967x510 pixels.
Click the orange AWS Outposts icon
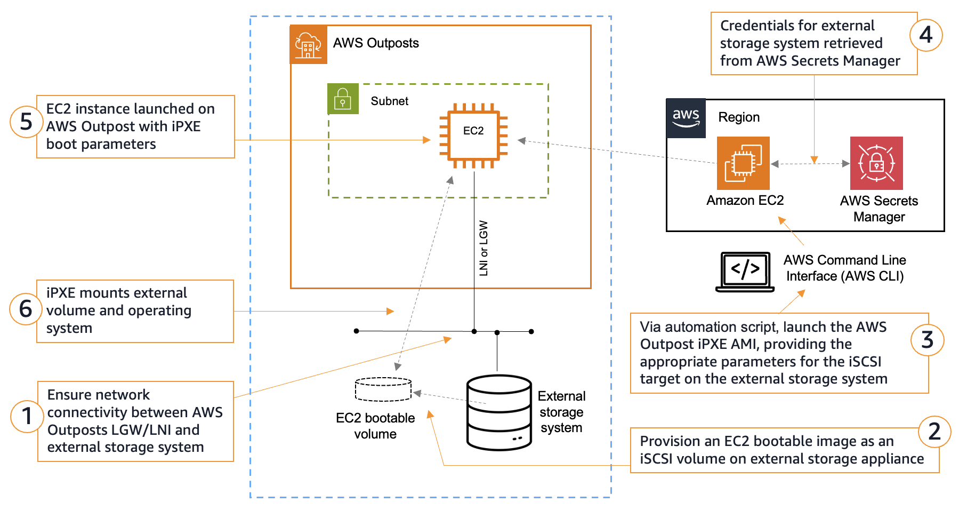coord(308,44)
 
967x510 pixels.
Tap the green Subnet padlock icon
coord(343,99)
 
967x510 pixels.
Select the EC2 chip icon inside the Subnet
coord(473,136)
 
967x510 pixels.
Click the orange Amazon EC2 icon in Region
coord(743,163)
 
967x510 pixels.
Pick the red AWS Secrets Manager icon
coord(876,163)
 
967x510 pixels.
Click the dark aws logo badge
coord(686,118)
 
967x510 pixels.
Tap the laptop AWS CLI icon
coord(745,272)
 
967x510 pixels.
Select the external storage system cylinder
coord(499,412)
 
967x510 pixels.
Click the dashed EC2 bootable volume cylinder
coord(383,389)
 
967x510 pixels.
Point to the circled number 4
coord(926,35)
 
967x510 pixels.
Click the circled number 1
coord(27,416)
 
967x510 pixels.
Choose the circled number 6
coord(26,309)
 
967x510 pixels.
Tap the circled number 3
coord(927,340)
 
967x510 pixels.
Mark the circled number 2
coord(934,432)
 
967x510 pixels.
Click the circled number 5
coord(26,122)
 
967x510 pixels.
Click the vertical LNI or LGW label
coord(483,248)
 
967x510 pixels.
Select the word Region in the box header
coord(739,117)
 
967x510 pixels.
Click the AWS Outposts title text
coord(376,43)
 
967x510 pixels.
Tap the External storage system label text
coord(561,412)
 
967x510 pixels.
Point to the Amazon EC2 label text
coord(745,201)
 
